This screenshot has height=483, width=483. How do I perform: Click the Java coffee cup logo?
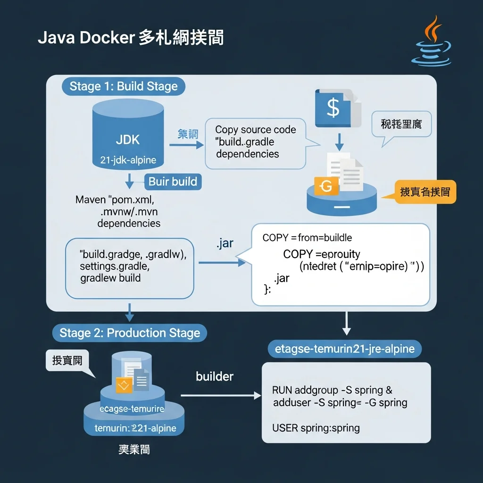click(431, 42)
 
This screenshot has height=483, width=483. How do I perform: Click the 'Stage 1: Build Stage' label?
click(124, 86)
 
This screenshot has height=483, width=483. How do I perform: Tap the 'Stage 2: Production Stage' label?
click(130, 333)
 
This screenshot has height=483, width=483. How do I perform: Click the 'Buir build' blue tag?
click(173, 182)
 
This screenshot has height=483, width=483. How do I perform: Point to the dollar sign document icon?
click(334, 108)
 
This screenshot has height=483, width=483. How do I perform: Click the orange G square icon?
click(326, 187)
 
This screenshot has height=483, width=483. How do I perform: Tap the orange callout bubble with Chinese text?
click(425, 192)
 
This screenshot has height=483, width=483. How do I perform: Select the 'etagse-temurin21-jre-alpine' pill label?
click(344, 349)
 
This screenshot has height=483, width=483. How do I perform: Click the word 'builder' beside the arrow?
click(215, 376)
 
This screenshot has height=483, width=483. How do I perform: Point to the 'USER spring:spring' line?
click(316, 428)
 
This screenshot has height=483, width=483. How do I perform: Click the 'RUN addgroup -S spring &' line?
click(332, 391)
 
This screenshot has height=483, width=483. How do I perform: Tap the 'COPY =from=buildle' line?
click(307, 238)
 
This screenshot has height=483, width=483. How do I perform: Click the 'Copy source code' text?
click(256, 130)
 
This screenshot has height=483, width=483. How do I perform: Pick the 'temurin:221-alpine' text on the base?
click(135, 428)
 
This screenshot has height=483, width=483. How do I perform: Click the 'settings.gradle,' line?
click(115, 266)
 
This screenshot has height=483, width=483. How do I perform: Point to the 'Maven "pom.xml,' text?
click(115, 200)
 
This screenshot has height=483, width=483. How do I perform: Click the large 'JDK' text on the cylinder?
click(127, 140)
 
